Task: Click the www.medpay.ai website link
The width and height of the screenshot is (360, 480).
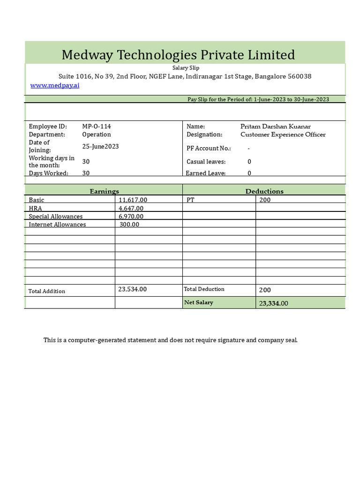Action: [x=55, y=85]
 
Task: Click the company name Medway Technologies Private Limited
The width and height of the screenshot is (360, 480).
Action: [x=178, y=55]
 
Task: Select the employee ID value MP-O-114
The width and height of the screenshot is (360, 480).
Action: [x=97, y=127]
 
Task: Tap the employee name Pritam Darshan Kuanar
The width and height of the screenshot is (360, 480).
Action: [x=275, y=127]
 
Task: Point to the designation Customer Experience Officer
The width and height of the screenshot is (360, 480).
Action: [x=283, y=135]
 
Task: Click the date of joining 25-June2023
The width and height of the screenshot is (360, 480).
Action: [x=100, y=146]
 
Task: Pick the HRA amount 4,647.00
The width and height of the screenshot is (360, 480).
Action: [x=131, y=208]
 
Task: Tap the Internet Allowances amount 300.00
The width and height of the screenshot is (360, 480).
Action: [x=129, y=225]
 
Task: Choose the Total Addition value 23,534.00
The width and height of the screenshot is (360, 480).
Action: [x=132, y=289]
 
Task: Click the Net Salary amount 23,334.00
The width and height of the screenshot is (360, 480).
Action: [x=273, y=303]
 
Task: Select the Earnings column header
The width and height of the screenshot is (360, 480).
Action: [x=104, y=191]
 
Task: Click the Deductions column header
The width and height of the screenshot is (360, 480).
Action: [x=264, y=191]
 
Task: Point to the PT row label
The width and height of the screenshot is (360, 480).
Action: [x=190, y=200]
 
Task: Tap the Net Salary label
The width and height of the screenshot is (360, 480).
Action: [x=198, y=303]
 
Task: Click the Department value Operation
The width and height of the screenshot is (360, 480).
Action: [x=97, y=135]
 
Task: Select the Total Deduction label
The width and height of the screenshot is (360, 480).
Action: [x=204, y=289]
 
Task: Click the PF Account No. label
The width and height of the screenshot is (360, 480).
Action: [x=209, y=148]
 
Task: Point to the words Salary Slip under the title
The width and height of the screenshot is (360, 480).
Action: [x=186, y=68]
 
